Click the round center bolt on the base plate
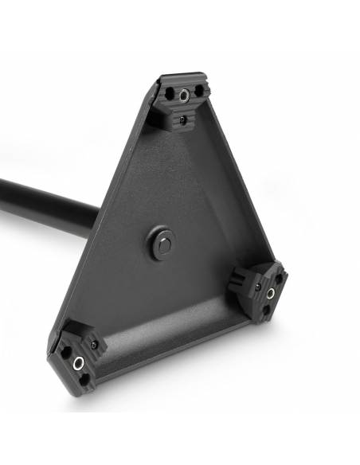(162, 244)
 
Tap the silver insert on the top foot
(185, 96)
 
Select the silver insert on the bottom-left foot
(78, 363)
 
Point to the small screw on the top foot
(182, 119)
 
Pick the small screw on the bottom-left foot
(94, 345)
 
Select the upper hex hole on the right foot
(278, 278)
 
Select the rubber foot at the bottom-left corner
(79, 358)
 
